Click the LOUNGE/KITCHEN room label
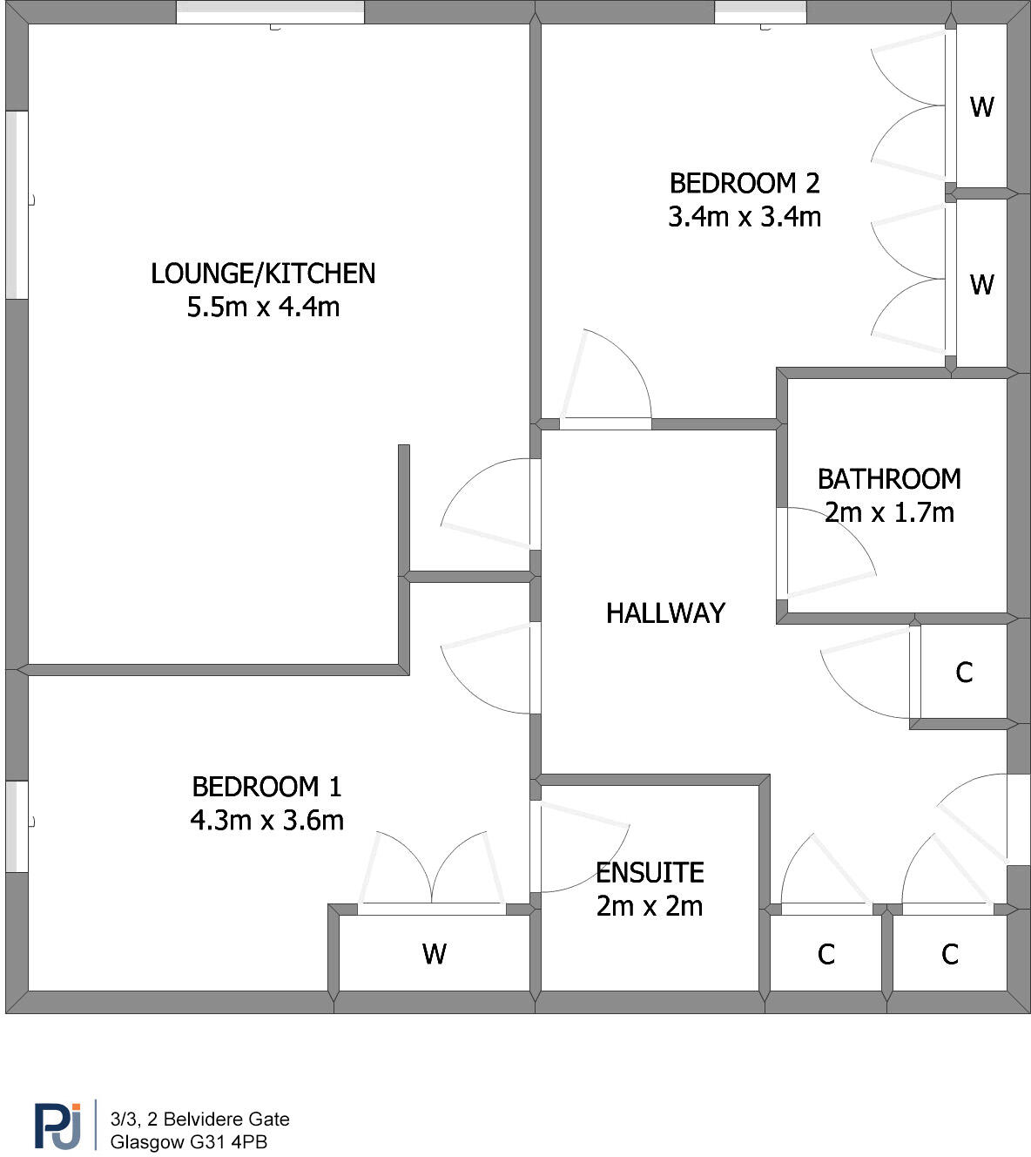tap(263, 274)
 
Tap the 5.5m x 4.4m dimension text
tap(263, 307)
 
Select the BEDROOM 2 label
tap(745, 183)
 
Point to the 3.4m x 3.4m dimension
tap(745, 216)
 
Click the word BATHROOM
tap(889, 479)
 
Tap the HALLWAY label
tap(665, 613)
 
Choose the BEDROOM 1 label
tap(266, 787)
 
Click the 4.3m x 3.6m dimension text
tap(266, 820)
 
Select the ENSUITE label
tap(650, 872)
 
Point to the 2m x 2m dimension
tap(650, 906)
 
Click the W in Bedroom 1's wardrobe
tap(435, 954)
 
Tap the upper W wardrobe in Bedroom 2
tap(981, 107)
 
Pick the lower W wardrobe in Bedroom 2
tap(981, 285)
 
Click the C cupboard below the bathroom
tap(964, 673)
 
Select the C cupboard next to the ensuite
tap(826, 955)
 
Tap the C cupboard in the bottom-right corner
tap(950, 955)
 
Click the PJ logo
tap(57, 1126)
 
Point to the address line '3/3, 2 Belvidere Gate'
tap(199, 1119)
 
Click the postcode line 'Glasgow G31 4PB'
tap(188, 1141)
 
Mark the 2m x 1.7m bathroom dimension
tap(889, 512)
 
